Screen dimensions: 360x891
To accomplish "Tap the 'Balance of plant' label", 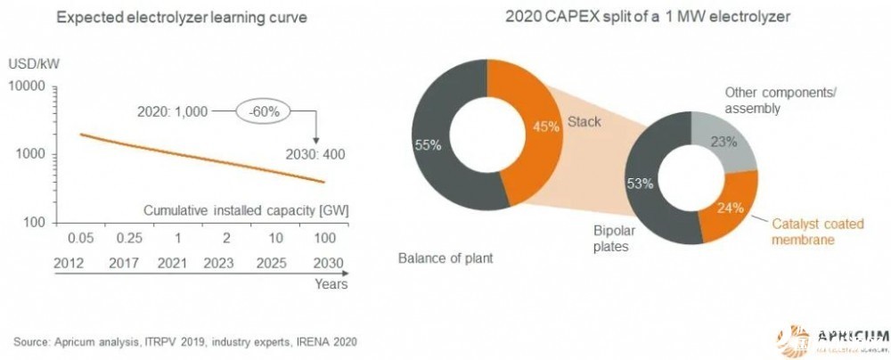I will (x=445, y=259).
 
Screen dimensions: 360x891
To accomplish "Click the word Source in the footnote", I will (x=33, y=341).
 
